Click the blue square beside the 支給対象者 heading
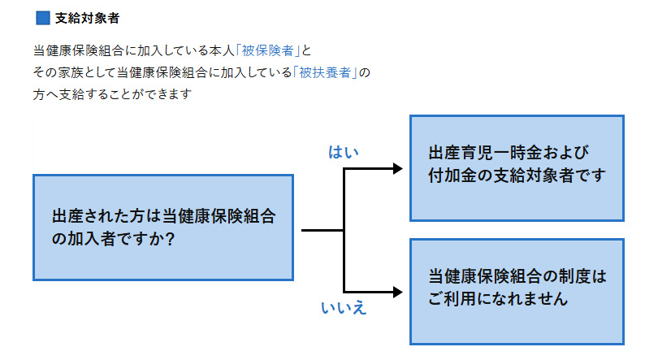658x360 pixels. pos(43,17)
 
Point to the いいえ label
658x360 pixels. pos(344,306)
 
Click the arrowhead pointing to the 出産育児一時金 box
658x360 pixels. pos(398,169)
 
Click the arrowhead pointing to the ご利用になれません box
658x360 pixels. pos(398,291)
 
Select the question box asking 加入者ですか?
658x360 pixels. pos(162,228)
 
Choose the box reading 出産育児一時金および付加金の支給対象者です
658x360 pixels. pos(516,168)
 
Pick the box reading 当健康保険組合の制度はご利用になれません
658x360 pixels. pos(516,290)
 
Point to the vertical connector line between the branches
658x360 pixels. pos(345,230)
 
